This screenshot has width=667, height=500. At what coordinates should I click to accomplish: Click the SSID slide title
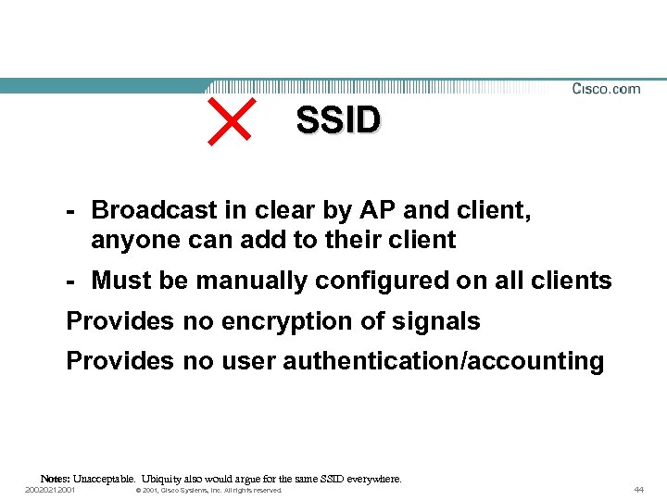338,120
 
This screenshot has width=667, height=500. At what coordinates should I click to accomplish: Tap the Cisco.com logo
606,89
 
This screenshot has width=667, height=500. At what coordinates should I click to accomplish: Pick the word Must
121,281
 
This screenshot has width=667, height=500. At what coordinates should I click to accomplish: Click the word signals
436,321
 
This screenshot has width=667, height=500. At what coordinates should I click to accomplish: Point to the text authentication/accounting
443,361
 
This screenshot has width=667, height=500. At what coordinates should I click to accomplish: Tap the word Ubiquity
163,480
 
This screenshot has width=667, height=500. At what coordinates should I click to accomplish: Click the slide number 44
638,490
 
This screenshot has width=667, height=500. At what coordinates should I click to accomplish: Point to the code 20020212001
50,490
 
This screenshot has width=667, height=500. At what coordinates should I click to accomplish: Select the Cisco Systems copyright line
208,490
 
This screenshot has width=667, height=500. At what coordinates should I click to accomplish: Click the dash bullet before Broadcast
71,210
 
